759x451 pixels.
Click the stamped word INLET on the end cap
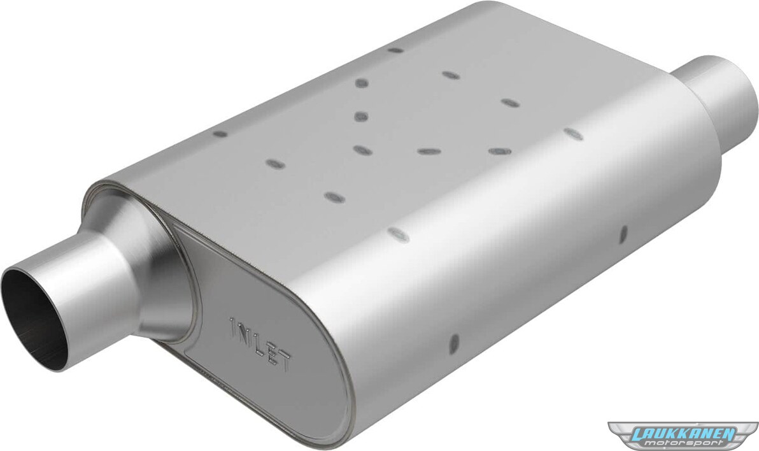point(261,345)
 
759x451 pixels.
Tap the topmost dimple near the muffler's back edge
point(395,50)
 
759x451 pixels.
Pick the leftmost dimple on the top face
point(220,134)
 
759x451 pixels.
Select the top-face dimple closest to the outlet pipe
point(573,134)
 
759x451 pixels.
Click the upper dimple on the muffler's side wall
point(623,234)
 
